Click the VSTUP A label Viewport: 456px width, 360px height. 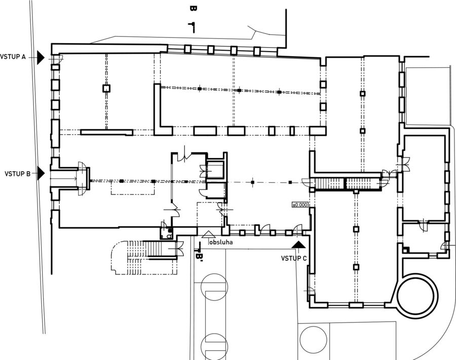pyautogui.click(x=13, y=57)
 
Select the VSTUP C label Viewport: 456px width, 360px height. pyautogui.click(x=294, y=258)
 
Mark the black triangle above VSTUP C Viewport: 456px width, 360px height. pyautogui.click(x=299, y=245)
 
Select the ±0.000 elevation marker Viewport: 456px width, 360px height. pyautogui.click(x=300, y=205)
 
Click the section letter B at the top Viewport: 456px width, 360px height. pyautogui.click(x=193, y=9)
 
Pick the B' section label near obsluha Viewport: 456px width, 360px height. pyautogui.click(x=199, y=257)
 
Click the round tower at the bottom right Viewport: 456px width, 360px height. pyautogui.click(x=416, y=295)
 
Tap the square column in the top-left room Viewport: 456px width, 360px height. pyautogui.click(x=106, y=88)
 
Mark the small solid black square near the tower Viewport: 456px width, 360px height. pyautogui.click(x=406, y=249)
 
